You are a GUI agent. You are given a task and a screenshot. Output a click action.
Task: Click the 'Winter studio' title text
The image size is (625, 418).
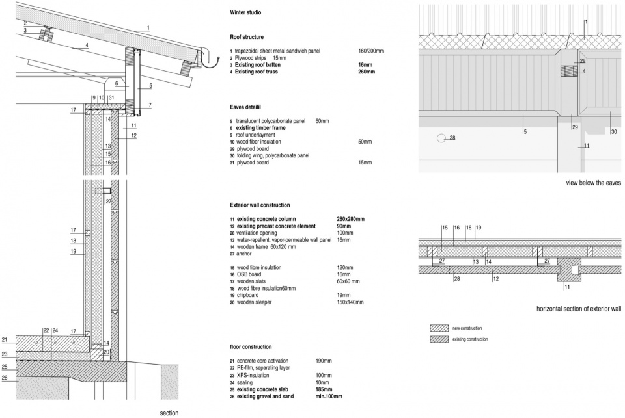245,12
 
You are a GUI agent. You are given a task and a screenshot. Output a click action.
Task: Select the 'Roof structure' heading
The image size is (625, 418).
247,37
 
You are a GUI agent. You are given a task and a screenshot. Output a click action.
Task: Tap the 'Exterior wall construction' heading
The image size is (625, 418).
260,205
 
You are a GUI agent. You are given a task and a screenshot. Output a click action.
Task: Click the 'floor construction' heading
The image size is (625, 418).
251,347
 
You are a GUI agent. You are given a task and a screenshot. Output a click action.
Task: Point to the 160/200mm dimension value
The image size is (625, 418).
371,51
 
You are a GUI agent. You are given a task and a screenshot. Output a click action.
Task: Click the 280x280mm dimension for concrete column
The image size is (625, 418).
350,219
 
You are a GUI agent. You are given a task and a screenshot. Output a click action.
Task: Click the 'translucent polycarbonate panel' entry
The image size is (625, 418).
271,121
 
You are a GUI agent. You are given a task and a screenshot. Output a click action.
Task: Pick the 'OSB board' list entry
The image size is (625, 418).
249,274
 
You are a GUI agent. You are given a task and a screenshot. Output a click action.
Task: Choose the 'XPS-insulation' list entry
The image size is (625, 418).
253,375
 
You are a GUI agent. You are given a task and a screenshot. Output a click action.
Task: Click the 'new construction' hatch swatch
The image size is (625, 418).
439,328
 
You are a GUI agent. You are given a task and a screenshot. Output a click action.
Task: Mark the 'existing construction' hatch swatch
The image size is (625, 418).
439,339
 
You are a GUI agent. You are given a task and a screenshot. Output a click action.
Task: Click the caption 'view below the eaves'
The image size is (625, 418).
594,183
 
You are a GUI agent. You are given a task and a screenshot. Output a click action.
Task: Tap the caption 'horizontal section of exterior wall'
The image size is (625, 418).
579,309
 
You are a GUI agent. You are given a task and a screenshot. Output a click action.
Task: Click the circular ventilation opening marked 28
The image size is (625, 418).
441,138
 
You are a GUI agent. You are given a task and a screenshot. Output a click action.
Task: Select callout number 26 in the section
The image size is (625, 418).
5,378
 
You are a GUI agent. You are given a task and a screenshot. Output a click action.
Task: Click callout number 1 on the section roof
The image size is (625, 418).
148,28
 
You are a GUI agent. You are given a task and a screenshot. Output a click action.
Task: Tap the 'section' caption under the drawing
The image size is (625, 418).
169,413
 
